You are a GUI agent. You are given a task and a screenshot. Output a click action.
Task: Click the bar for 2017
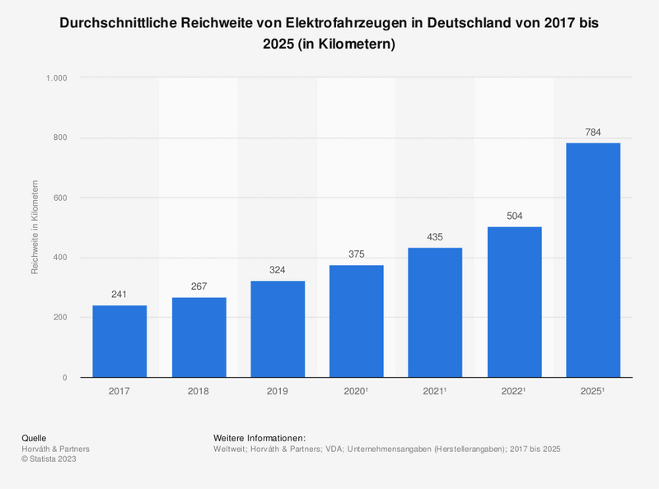[x=119, y=342]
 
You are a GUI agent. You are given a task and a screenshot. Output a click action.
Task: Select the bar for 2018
[x=199, y=338]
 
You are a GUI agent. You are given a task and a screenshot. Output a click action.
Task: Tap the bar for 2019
[x=278, y=329]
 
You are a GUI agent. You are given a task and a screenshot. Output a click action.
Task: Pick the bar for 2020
[x=357, y=321]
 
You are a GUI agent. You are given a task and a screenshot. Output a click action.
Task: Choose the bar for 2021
[x=436, y=313]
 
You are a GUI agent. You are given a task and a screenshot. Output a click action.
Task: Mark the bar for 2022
[x=515, y=302]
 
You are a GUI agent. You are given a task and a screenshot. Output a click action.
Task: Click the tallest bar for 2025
[x=593, y=260]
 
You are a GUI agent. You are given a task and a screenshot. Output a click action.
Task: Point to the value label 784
[x=593, y=132]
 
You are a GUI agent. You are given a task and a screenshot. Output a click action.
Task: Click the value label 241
[x=119, y=295]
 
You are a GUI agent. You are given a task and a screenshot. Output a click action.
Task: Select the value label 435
[x=436, y=237]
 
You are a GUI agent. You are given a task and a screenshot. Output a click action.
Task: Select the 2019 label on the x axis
[x=278, y=390]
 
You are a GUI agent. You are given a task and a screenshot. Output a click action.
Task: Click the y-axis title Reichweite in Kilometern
[x=35, y=226]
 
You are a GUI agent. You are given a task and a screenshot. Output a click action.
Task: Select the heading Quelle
[x=34, y=437]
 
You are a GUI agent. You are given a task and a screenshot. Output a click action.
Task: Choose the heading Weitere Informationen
[x=259, y=437]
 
